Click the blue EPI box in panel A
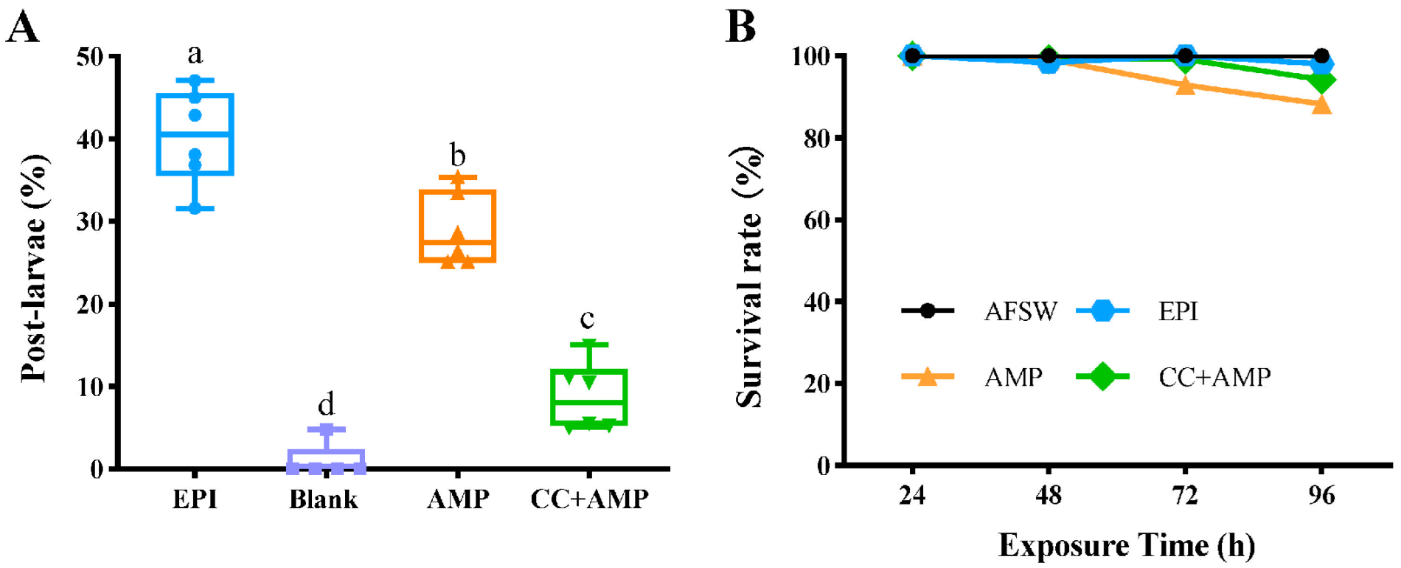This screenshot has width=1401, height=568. click(x=195, y=134)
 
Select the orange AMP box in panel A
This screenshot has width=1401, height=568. click(x=457, y=226)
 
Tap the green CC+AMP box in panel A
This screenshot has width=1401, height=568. click(x=588, y=397)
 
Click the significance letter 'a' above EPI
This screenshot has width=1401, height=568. click(x=195, y=54)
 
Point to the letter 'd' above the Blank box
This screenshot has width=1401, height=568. click(x=326, y=404)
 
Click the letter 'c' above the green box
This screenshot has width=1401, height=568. click(x=587, y=319)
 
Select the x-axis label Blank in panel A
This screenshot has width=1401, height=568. click(x=323, y=499)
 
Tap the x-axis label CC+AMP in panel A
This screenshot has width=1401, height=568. click(x=589, y=499)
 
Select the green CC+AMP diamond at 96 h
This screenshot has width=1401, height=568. click(x=1321, y=81)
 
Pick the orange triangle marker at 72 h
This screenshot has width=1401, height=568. click(x=1185, y=86)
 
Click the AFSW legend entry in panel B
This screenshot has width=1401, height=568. click(x=981, y=311)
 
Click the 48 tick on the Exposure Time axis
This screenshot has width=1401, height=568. click(x=1048, y=495)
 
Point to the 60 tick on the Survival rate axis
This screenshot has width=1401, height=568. click(x=818, y=220)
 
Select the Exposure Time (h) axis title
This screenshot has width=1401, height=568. click(x=1126, y=546)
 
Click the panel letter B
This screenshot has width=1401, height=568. click(x=741, y=27)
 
